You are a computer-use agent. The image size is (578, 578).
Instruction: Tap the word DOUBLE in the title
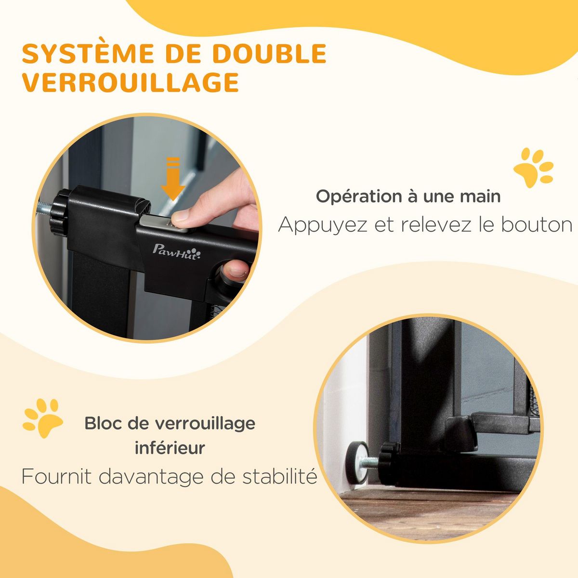pos(270,54)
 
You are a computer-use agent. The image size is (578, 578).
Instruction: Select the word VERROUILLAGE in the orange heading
pos(131,82)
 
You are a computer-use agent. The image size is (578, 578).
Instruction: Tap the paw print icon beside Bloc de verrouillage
pos(42,418)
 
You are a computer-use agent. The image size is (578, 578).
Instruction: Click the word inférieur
pos(170,448)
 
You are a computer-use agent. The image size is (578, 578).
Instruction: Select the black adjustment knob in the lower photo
pos(387,463)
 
